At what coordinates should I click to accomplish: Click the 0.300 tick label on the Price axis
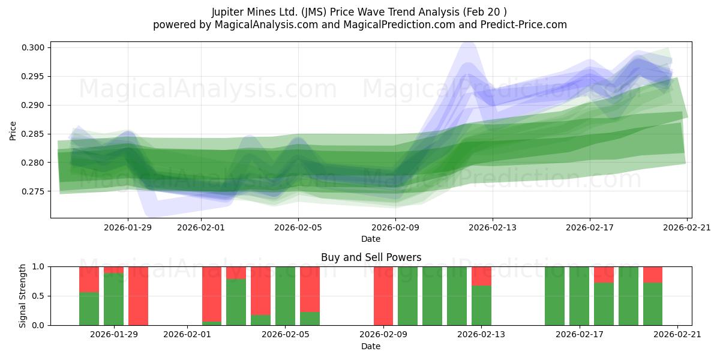click(x=34, y=48)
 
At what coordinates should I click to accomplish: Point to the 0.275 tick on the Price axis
click(x=34, y=191)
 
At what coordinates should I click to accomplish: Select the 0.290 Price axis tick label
click(x=34, y=105)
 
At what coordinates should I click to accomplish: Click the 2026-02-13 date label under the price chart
click(x=492, y=227)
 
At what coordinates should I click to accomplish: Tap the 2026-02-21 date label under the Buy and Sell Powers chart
click(x=677, y=335)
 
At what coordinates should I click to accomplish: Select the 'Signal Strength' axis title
click(x=23, y=296)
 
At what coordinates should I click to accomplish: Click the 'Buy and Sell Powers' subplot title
click(x=371, y=257)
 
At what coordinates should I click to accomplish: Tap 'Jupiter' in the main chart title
click(x=230, y=12)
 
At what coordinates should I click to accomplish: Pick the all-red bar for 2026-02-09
click(x=383, y=296)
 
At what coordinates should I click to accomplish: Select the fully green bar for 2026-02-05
click(x=285, y=296)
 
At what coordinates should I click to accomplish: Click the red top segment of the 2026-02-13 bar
click(x=481, y=276)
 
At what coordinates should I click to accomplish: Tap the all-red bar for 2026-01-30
click(x=138, y=296)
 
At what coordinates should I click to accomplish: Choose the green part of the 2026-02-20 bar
click(x=653, y=304)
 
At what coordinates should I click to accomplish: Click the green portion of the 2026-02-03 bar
click(x=236, y=302)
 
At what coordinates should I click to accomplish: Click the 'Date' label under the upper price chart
click(x=371, y=239)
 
